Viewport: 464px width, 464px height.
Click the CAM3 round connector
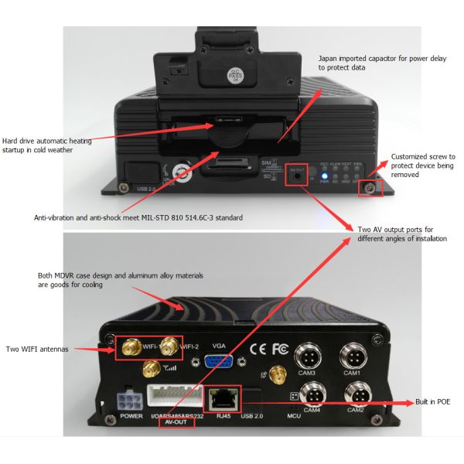tap(310, 359)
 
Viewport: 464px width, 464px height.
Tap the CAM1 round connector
tap(354, 359)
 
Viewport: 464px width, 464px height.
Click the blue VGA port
tap(220, 363)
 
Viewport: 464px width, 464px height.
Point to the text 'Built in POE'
tap(432, 402)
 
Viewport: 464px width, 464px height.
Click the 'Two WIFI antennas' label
tap(37, 350)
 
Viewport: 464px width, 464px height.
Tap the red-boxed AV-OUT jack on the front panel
tap(298, 176)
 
